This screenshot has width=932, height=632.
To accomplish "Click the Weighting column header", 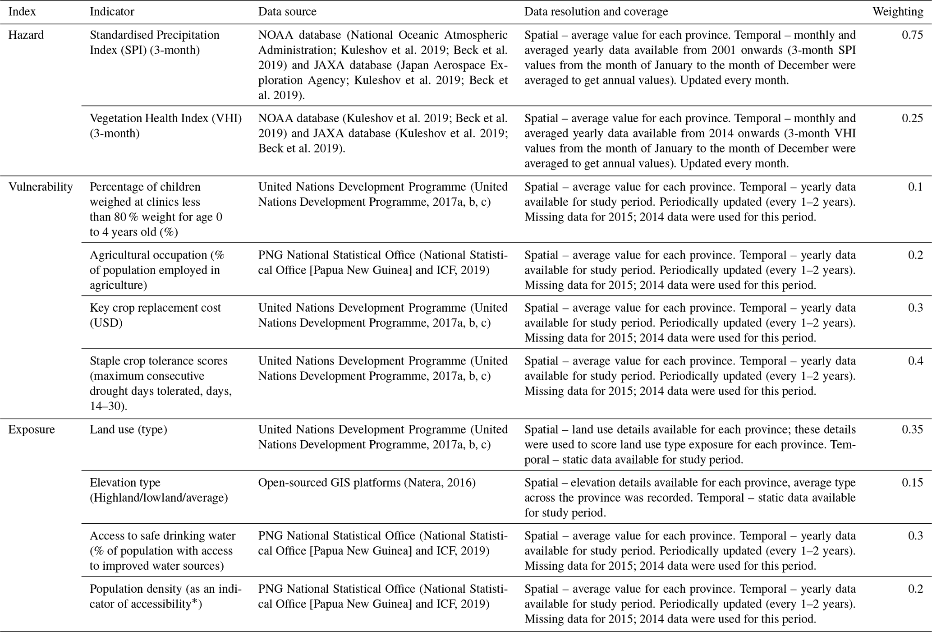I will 897,12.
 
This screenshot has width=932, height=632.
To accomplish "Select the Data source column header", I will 287,12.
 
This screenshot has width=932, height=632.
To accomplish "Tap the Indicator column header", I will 112,12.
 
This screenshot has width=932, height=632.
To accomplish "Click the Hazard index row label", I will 26,35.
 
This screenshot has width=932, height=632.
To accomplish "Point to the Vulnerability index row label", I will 41,187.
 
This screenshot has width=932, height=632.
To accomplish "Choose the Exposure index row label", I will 32,429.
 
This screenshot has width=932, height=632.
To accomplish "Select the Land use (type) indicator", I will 128,429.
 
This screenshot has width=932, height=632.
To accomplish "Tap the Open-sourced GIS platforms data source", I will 367,483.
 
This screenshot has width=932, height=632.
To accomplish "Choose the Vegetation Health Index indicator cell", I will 165,125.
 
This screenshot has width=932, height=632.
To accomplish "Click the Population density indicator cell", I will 165,596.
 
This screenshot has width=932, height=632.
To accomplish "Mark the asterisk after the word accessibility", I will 195,602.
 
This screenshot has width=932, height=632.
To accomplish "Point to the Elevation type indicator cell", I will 158,490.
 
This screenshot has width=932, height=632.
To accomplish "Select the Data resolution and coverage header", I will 596,12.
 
